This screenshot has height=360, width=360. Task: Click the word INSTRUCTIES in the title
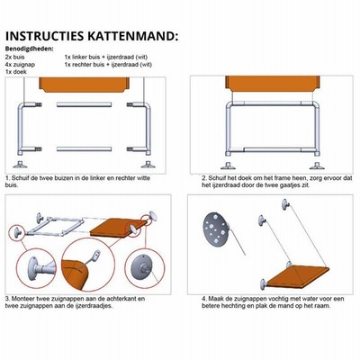coord(44,36)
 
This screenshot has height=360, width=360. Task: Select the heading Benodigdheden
coord(30,49)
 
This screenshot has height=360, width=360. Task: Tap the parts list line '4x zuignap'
coord(20,65)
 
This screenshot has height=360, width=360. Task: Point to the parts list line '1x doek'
coord(16,72)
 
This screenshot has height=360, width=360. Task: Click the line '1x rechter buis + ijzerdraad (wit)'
coord(108,65)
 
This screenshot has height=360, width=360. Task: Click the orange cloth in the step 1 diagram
coord(85,85)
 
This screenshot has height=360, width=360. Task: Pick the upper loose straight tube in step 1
coord(84,104)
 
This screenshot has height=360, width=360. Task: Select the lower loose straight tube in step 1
coord(84,148)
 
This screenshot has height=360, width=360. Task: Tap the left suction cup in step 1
coord(20,165)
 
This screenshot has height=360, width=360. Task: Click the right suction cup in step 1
coord(148,165)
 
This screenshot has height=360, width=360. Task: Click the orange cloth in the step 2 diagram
coord(273,83)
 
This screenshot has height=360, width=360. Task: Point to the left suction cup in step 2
coord(228,166)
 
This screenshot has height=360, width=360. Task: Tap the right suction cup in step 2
coord(317,166)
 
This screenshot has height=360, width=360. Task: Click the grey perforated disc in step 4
coord(216,229)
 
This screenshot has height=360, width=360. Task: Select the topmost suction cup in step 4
coord(285,204)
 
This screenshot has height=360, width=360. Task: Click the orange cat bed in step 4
coord(297,276)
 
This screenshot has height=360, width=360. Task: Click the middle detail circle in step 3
coord(88,265)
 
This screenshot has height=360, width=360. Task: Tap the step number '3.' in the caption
coord(8,299)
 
